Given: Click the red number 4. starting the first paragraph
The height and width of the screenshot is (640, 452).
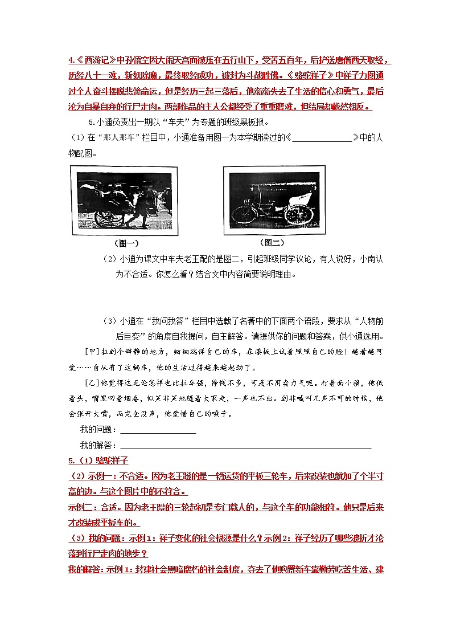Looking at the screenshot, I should [x=71, y=61].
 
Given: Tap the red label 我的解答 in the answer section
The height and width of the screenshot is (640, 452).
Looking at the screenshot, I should [x=83, y=569].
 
